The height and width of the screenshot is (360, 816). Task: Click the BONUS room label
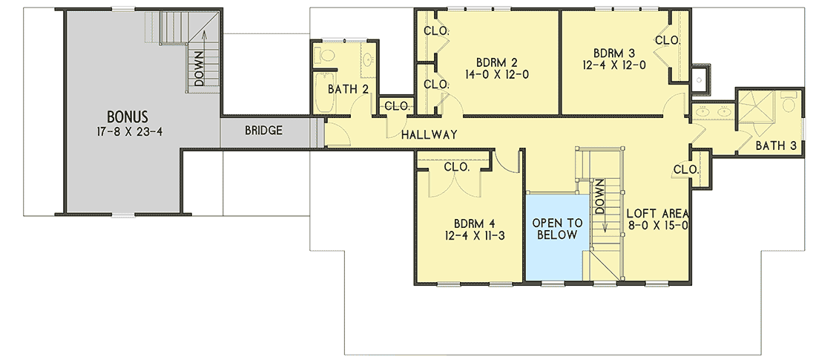[127, 117]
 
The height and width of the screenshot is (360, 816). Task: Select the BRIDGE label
[263, 131]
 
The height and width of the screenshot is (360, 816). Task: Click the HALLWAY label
[429, 134]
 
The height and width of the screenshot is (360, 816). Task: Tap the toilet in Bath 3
[788, 102]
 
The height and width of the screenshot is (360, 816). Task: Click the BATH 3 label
[776, 145]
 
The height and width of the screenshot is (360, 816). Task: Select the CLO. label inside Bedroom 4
[456, 168]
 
